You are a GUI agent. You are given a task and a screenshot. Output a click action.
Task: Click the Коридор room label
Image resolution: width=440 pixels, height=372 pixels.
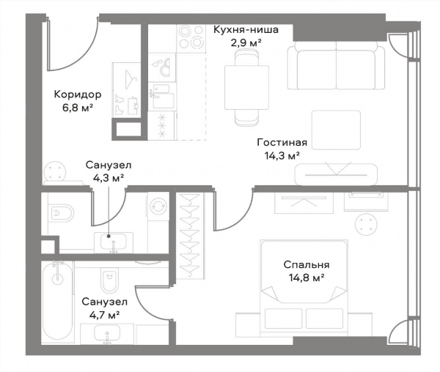pyautogui.click(x=78, y=94)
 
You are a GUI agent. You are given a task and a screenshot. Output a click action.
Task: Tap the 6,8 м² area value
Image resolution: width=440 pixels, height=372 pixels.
pyautogui.click(x=78, y=108)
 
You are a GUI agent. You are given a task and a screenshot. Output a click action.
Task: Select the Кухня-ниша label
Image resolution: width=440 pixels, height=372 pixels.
pyautogui.click(x=246, y=29)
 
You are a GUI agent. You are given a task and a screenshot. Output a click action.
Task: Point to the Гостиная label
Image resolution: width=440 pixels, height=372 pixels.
pyautogui.click(x=282, y=142)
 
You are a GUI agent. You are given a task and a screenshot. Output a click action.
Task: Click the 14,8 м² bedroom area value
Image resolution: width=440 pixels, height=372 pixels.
pyautogui.click(x=307, y=278)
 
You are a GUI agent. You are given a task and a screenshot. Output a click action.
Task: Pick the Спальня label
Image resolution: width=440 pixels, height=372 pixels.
pyautogui.click(x=307, y=264)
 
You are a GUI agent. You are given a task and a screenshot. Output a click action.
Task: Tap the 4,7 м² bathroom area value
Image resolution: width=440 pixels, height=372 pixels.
pyautogui.click(x=104, y=315)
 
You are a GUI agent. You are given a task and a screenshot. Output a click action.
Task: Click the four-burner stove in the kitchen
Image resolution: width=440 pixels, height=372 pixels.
pyautogui.click(x=191, y=38)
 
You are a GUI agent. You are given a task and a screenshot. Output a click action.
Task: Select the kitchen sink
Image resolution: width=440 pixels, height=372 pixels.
pyautogui.click(x=161, y=96)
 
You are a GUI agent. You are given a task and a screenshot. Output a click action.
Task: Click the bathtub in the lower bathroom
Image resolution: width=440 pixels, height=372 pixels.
pyautogui.click(x=57, y=302)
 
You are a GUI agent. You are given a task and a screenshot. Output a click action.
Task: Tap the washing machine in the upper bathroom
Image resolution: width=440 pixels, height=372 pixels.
pyautogui.click(x=158, y=206)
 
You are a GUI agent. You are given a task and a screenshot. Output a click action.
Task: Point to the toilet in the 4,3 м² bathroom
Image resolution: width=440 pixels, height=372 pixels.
pyautogui.click(x=61, y=213)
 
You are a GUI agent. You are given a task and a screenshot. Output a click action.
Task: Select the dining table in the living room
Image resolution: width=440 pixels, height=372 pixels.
pyautogui.click(x=246, y=87)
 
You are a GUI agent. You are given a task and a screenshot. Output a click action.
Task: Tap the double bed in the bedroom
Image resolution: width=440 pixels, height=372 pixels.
pyautogui.click(x=304, y=288)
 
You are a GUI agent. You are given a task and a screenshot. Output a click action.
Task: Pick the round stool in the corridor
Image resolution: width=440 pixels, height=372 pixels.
pyautogui.click(x=55, y=171)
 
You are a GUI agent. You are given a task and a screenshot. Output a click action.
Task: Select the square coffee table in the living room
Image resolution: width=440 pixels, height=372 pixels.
pyautogui.click(x=336, y=130)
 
